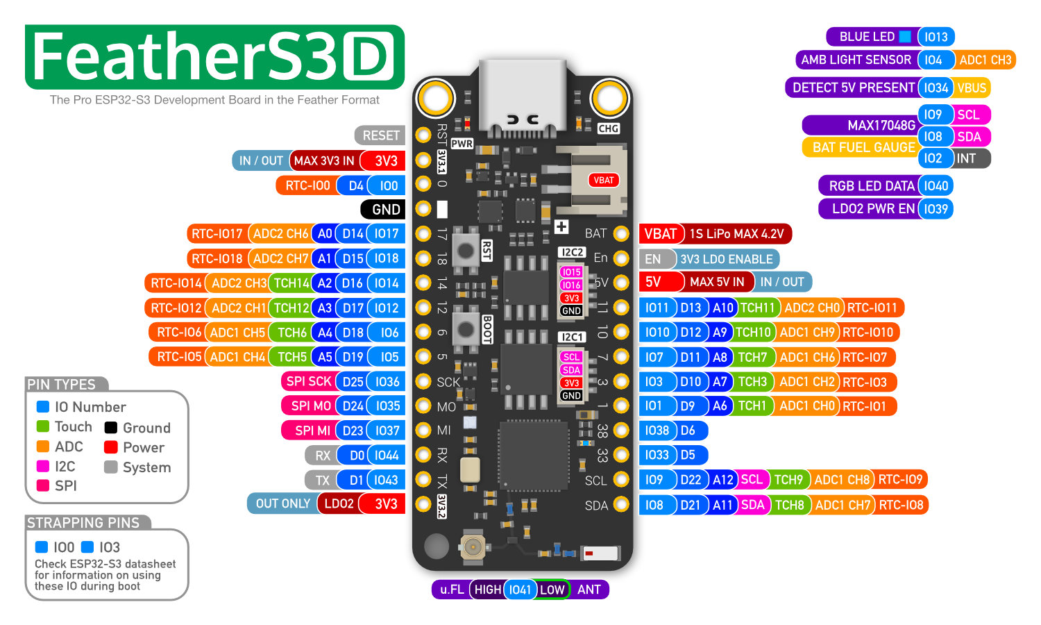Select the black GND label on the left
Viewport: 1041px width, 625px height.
tap(382, 209)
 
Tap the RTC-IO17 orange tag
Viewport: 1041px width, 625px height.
tap(217, 234)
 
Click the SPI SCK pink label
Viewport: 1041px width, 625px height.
tap(309, 381)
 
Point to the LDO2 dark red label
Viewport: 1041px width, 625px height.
tap(339, 503)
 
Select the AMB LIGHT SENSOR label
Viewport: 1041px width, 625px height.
tap(856, 60)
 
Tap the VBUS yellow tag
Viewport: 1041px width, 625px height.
tap(971, 88)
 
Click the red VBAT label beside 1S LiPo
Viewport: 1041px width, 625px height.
tap(660, 234)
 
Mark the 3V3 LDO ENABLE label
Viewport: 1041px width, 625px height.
tap(726, 259)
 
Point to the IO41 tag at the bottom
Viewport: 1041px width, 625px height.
tap(520, 590)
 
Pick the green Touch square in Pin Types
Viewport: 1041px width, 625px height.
tap(43, 426)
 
